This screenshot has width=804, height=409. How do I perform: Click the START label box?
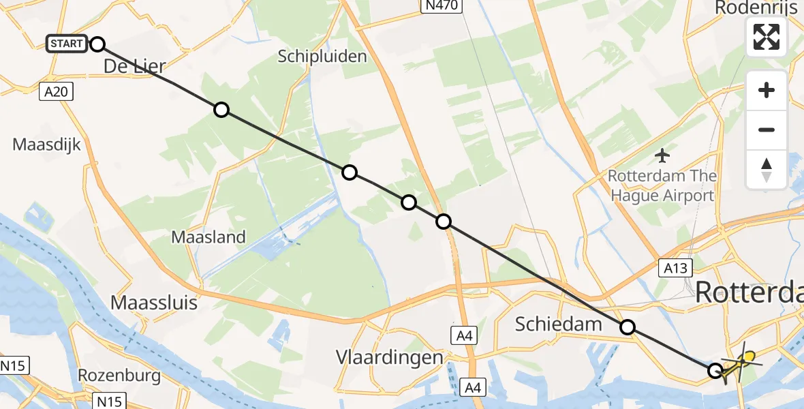click(x=66, y=44)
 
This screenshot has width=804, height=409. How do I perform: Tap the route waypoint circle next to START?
click(x=97, y=44)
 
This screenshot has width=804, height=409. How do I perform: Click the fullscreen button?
click(x=767, y=37)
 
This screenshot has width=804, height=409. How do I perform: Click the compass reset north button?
click(x=767, y=170)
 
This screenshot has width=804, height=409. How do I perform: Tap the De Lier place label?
click(x=135, y=66)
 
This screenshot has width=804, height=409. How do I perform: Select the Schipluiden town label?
click(x=322, y=57)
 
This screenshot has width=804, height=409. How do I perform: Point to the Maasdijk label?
click(x=47, y=145)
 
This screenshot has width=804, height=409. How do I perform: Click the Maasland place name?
click(x=208, y=237)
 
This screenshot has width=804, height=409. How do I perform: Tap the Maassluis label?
click(x=154, y=301)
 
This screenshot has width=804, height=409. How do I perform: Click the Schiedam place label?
click(x=559, y=324)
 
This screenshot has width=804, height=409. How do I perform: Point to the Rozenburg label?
click(x=119, y=376)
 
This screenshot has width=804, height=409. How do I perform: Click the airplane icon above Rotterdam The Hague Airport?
click(x=662, y=155)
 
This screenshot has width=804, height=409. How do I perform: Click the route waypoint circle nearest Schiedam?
click(x=628, y=328)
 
